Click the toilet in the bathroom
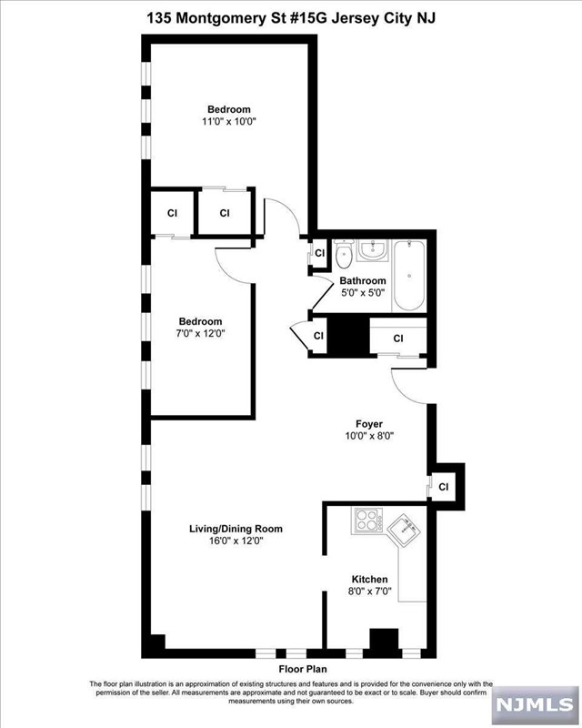(x=345, y=255)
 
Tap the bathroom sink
(x=373, y=251)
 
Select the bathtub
(x=409, y=276)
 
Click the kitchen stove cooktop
(x=368, y=520)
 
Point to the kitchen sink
(x=405, y=531)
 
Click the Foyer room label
(x=369, y=424)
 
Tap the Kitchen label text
(x=369, y=580)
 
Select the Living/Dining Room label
(x=236, y=529)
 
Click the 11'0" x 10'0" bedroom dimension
(x=229, y=122)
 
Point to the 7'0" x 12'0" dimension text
(x=200, y=333)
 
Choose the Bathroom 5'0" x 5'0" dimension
(x=363, y=293)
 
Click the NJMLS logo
(x=534, y=703)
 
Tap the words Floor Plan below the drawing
(x=303, y=669)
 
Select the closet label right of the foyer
(x=444, y=487)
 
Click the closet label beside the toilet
(x=320, y=253)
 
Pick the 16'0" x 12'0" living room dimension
(x=236, y=541)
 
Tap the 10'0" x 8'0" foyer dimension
(x=369, y=436)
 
